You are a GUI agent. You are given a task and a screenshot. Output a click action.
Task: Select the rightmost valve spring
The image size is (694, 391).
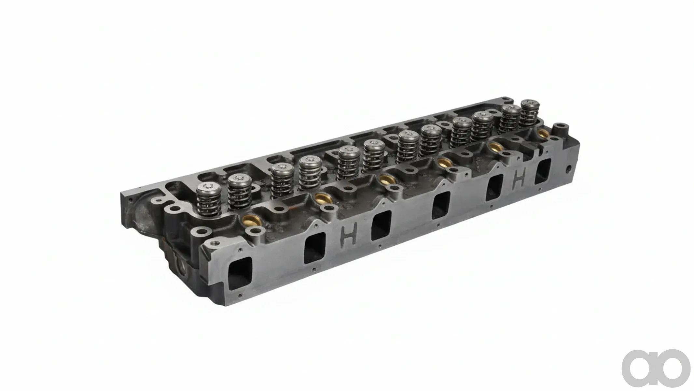coord(530,114)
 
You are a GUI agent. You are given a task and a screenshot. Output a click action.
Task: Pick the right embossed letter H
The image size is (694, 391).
coord(519,177)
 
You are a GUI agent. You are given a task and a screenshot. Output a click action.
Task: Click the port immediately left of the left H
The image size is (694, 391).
coord(315,247)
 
